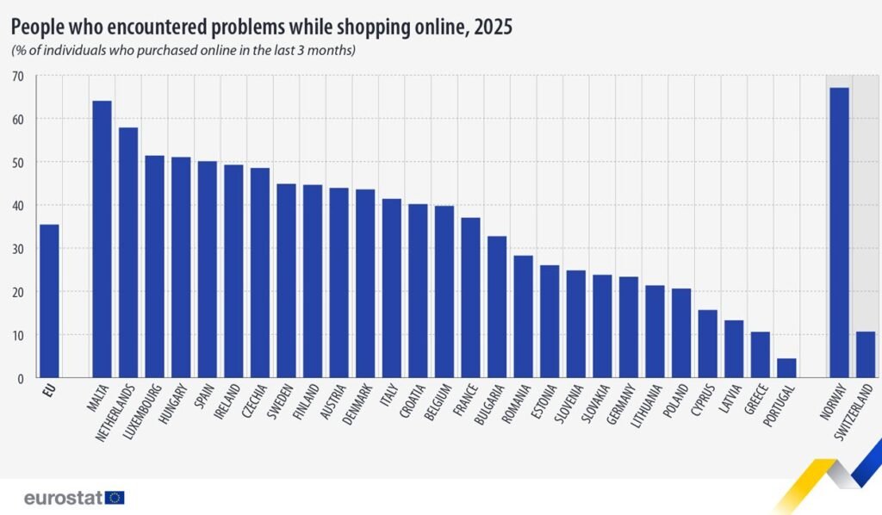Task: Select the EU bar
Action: pyautogui.click(x=49, y=301)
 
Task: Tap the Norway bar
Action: pyautogui.click(x=839, y=233)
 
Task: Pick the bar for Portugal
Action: pyautogui.click(x=786, y=368)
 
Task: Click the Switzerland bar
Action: pyautogui.click(x=865, y=354)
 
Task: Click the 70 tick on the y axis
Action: pyautogui.click(x=18, y=76)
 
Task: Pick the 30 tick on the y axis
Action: pyautogui.click(x=18, y=249)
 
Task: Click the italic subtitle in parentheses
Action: pyautogui.click(x=183, y=51)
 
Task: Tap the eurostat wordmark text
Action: pyautogui.click(x=63, y=498)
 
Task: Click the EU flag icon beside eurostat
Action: pyautogui.click(x=115, y=498)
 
